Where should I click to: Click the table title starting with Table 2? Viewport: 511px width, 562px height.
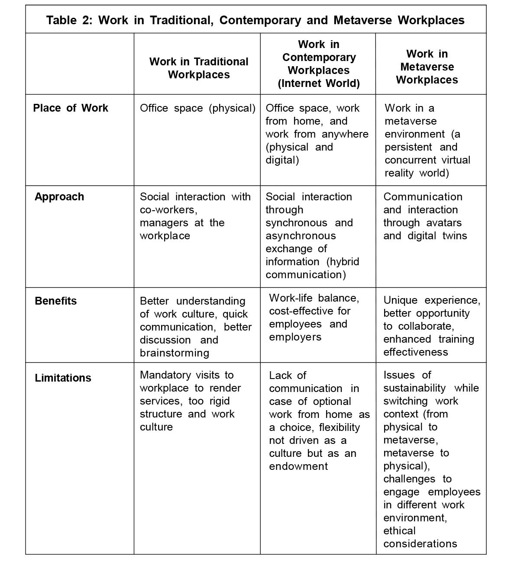point(255,20)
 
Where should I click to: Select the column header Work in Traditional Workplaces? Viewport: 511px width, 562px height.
point(199,68)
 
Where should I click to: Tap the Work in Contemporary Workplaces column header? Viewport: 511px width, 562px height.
point(318,64)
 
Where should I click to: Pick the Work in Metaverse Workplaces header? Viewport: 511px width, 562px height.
point(427,67)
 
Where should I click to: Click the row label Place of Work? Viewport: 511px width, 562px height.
point(71,108)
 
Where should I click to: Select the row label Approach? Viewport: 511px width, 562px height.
point(59,197)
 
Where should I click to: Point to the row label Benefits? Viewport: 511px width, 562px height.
point(55,301)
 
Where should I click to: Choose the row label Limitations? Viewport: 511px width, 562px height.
point(63,378)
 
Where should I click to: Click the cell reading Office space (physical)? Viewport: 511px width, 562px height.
point(197,108)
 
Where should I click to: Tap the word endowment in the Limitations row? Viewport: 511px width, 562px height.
point(298,466)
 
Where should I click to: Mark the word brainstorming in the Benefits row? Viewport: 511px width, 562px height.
point(174,353)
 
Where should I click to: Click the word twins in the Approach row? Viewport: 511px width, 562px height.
point(454,236)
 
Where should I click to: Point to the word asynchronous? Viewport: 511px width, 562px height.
point(301,236)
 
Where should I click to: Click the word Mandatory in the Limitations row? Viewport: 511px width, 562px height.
point(165,375)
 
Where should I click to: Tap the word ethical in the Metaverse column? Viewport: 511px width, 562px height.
point(399,531)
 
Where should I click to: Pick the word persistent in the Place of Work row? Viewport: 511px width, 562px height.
point(408,147)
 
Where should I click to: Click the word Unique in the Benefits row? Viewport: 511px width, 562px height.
point(401,300)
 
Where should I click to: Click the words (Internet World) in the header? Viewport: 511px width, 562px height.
point(318,83)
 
